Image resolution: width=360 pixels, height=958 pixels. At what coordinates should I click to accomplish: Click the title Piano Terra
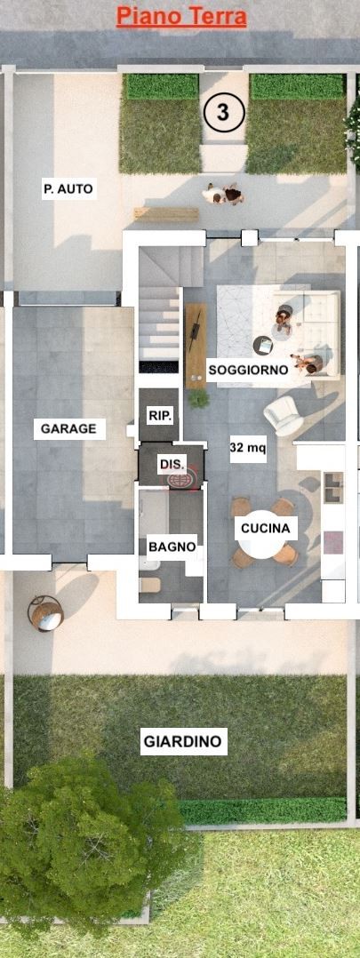pyautogui.click(x=181, y=17)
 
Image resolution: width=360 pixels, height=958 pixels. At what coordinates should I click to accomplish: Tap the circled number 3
pyautogui.click(x=224, y=112)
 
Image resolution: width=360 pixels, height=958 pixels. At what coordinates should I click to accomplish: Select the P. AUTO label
pyautogui.click(x=69, y=189)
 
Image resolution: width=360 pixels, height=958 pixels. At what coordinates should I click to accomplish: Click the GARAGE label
pyautogui.click(x=69, y=429)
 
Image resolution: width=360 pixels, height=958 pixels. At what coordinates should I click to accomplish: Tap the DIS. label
pyautogui.click(x=172, y=465)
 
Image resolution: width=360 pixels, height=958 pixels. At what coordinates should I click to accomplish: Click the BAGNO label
pyautogui.click(x=172, y=547)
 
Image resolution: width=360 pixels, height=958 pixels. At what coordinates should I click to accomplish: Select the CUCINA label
pyautogui.click(x=265, y=529)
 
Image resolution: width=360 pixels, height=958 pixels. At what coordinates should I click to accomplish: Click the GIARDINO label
pyautogui.click(x=183, y=742)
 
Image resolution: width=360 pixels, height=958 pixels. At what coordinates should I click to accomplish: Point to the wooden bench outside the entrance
pyautogui.click(x=166, y=214)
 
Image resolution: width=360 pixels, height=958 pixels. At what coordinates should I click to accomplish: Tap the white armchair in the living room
pyautogui.click(x=284, y=416)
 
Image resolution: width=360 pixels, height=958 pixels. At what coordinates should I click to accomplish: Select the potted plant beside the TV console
pyautogui.click(x=198, y=399)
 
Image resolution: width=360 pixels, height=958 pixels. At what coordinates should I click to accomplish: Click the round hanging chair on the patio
pyautogui.click(x=46, y=613)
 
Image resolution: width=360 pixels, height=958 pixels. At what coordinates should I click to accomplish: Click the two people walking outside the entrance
pyautogui.click(x=224, y=195)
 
